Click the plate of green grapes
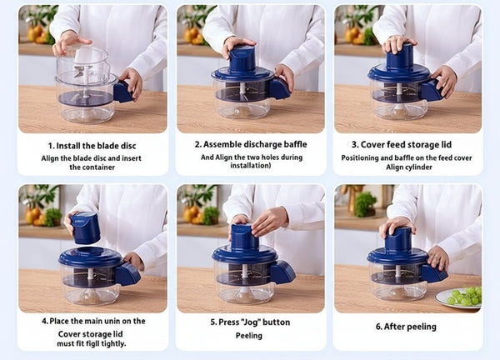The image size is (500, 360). [x=458, y=297]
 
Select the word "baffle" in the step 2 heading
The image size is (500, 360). [x=295, y=144]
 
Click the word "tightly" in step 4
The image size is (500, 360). [x=114, y=343]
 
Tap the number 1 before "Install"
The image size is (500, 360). [x=51, y=146]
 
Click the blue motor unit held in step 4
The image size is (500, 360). [x=85, y=227]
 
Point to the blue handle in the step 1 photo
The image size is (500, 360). [x=123, y=92]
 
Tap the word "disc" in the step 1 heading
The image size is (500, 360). [x=128, y=146]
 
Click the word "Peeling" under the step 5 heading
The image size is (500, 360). [x=249, y=336]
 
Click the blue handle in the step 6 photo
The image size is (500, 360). [x=433, y=273]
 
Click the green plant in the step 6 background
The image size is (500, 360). [x=366, y=204]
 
